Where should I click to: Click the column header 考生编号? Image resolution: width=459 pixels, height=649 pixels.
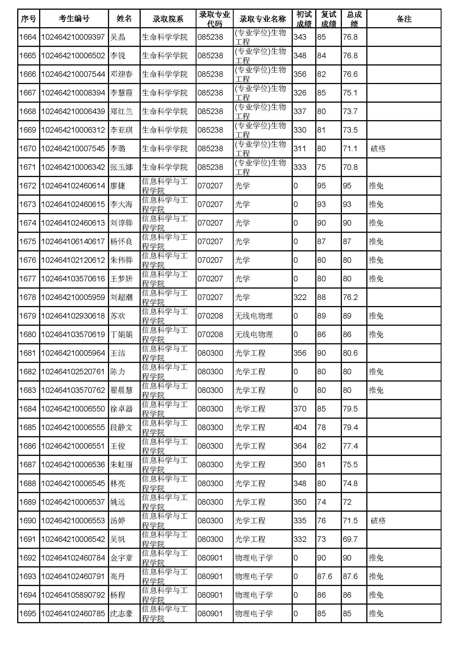coord(74,19)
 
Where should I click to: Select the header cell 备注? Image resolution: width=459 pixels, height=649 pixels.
coord(403,19)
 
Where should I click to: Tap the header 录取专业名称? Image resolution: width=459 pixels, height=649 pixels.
coord(262,19)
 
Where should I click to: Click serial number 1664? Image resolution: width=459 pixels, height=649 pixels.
coord(28,37)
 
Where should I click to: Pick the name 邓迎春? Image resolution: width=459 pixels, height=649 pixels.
coord(121,74)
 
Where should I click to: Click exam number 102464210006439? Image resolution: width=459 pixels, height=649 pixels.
coord(73,111)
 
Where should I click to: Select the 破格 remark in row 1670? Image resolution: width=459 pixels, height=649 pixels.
coord(378,149)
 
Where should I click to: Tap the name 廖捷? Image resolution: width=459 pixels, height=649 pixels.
coord(118,186)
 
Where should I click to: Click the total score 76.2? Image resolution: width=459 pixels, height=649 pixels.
coord(350,297)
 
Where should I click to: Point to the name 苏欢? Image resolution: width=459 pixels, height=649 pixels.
coord(118,316)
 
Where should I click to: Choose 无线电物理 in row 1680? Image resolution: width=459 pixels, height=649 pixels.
coord(254,335)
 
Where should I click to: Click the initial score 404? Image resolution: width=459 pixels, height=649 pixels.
coord(300,427)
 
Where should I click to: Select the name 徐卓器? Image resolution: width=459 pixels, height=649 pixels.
coord(121,409)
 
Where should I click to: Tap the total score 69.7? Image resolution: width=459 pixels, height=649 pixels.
coord(350,539)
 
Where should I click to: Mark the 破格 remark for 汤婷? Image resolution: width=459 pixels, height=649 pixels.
coord(378,521)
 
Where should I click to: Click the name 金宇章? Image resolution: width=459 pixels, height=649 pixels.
coord(121,558)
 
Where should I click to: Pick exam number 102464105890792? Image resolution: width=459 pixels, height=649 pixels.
coord(73,595)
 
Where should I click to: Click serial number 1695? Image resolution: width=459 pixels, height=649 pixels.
coord(28,614)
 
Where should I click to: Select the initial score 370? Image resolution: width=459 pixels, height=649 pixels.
coord(300,409)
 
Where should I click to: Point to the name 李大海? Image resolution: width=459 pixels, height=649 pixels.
coord(121,204)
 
